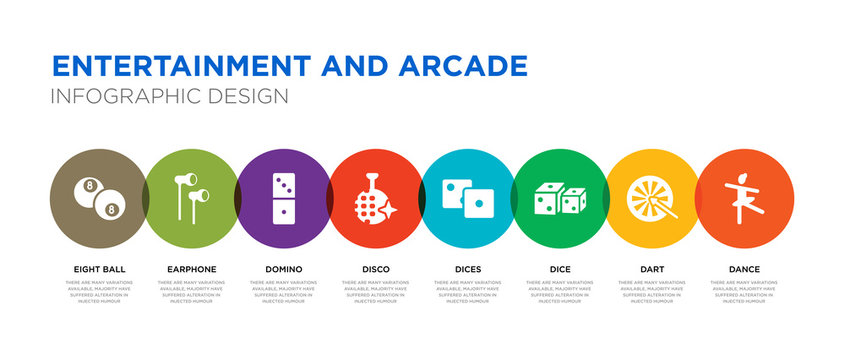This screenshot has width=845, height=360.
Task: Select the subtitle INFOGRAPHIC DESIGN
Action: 170,96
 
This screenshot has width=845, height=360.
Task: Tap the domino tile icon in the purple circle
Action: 284,197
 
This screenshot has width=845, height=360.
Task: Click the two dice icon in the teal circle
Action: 468,197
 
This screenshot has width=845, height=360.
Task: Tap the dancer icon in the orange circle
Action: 744,197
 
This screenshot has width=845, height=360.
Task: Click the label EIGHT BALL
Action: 99,269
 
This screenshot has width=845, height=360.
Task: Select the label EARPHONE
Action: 191,269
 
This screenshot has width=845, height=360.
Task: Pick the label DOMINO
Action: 284,269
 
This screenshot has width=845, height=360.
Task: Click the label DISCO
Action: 376,269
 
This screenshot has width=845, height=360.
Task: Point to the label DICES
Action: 468,269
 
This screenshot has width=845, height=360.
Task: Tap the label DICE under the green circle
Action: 560,269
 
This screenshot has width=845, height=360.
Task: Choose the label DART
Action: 652,269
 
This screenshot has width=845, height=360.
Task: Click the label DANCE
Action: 744,269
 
